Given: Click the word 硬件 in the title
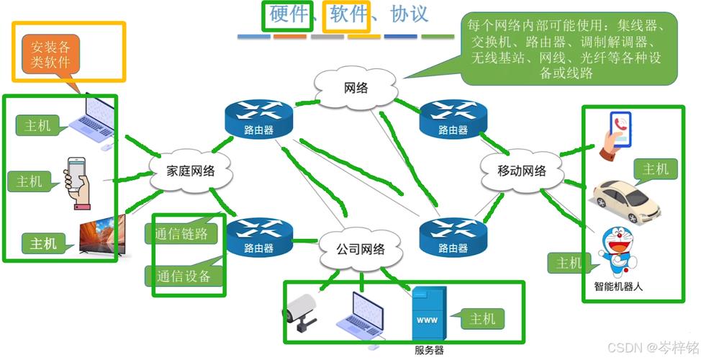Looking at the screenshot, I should click(289, 14).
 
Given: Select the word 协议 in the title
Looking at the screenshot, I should click(409, 14).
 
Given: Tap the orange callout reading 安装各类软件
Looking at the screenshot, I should click(50, 55).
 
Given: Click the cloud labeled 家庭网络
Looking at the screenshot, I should click(191, 171).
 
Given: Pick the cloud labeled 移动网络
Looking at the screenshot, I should click(522, 171).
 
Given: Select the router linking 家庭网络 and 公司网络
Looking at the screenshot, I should click(258, 238).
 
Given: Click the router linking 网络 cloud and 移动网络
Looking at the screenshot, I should click(453, 119).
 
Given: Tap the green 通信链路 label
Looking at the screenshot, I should click(181, 233).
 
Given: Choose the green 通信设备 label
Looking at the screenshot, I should click(182, 276).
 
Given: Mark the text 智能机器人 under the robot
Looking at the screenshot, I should click(618, 287).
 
